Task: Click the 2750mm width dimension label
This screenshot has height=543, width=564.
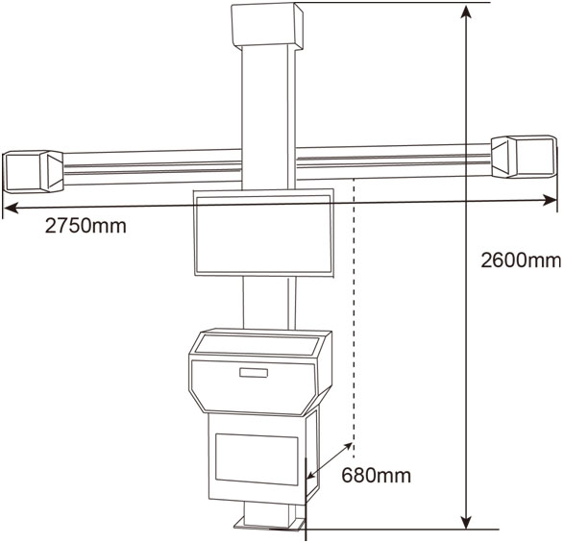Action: click(x=86, y=226)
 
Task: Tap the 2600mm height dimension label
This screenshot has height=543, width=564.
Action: click(x=521, y=259)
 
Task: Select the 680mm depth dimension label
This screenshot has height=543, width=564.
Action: click(x=376, y=475)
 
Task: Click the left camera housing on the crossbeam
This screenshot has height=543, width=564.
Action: click(x=33, y=171)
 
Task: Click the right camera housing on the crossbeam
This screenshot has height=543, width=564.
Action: click(x=524, y=156)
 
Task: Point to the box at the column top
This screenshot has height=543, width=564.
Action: click(x=267, y=25)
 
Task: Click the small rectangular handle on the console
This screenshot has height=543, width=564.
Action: click(x=254, y=373)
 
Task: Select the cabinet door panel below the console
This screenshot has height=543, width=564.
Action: click(x=257, y=459)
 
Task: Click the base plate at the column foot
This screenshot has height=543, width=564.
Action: click(x=270, y=524)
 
